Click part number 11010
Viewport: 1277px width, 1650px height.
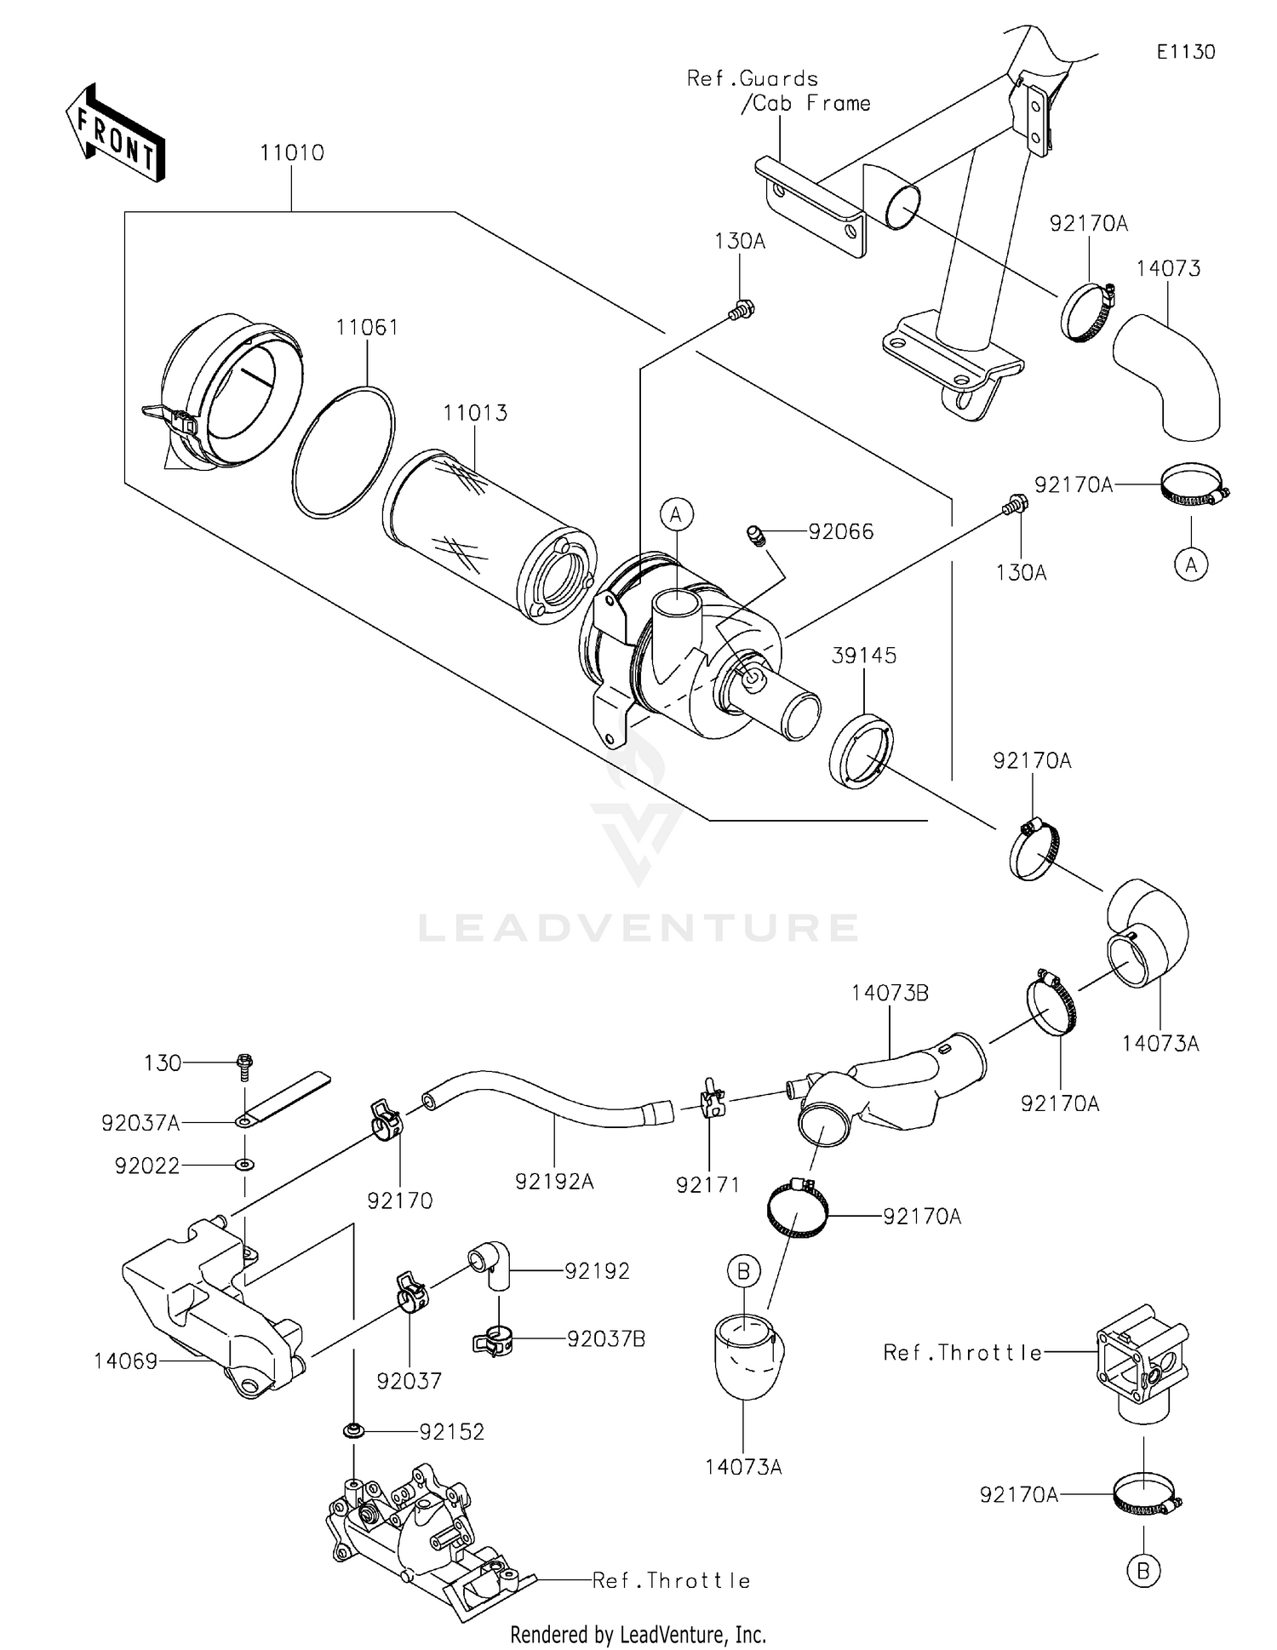(291, 153)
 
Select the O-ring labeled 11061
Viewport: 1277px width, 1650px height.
(343, 451)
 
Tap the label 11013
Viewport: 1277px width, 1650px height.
(474, 413)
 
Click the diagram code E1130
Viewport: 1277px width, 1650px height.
(1185, 52)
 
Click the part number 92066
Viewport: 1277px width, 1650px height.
(840, 532)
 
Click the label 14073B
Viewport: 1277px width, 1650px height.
(890, 993)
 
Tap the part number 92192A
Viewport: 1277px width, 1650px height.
(553, 1182)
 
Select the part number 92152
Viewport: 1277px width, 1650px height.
(451, 1432)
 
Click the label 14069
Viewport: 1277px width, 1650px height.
(125, 1361)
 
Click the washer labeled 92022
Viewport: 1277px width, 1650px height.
(245, 1164)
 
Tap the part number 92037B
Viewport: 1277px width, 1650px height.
(606, 1339)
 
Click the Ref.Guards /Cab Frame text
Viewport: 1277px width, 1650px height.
(778, 91)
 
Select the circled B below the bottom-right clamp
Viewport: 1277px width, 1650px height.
(1143, 1570)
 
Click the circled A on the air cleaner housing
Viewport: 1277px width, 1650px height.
(676, 514)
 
